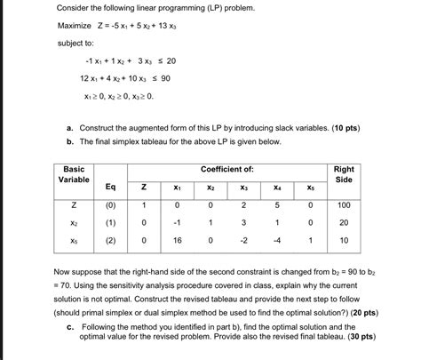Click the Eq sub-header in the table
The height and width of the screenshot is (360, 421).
(x=109, y=187)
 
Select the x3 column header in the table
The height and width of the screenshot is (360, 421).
(x=244, y=188)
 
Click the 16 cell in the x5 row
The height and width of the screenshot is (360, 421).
(x=177, y=240)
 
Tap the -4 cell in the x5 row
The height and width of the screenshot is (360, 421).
(x=277, y=240)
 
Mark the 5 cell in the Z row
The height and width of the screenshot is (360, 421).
(x=277, y=205)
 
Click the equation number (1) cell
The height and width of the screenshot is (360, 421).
(x=109, y=222)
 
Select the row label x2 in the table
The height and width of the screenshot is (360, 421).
(x=75, y=222)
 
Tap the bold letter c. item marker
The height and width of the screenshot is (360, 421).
(x=70, y=325)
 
